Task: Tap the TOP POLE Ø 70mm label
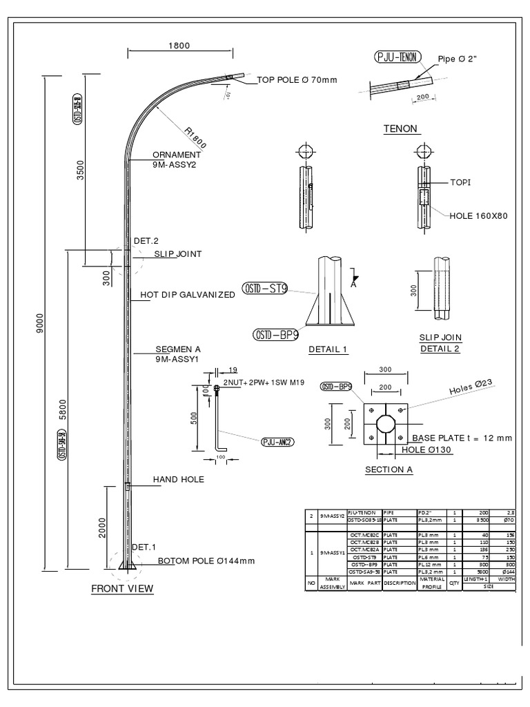297,80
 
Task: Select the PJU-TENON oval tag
396,58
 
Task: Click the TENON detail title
402,129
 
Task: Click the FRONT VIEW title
123,589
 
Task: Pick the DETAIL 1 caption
328,350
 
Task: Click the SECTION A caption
388,470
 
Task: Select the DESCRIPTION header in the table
400,583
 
